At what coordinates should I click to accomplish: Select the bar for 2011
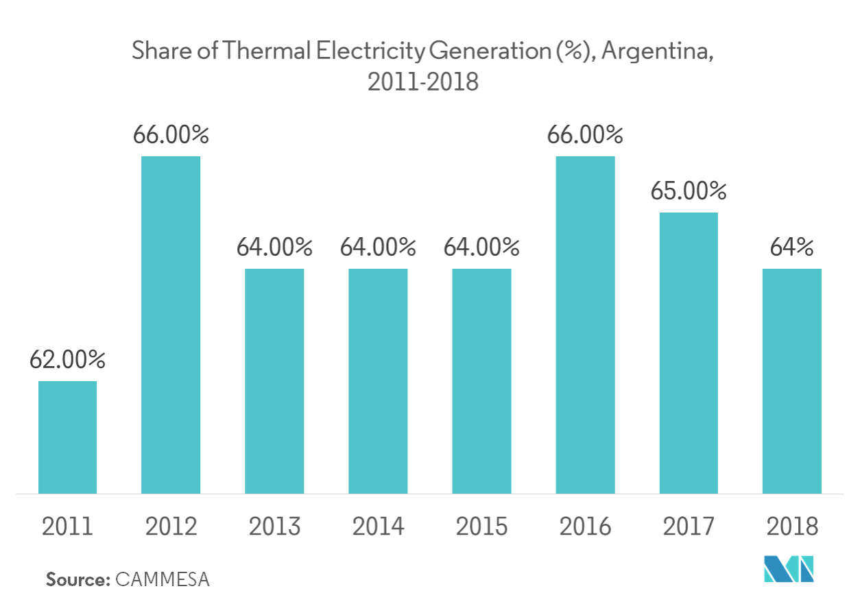(67, 437)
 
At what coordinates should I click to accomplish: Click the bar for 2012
(171, 325)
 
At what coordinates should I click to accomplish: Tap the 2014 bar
(378, 380)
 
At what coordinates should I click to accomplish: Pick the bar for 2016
(585, 325)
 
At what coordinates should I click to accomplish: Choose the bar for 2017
(688, 352)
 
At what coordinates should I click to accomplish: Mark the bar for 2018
(791, 380)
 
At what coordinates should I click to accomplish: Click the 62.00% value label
(67, 359)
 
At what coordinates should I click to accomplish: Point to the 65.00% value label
(688, 191)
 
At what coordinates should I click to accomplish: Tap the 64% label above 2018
(791, 247)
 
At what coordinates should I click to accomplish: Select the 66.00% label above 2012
(171, 135)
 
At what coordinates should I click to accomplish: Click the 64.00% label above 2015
(481, 247)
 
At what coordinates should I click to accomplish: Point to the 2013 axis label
(274, 527)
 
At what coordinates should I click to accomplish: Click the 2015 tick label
(481, 527)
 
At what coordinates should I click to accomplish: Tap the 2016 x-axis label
(585, 527)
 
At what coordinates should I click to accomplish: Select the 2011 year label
(67, 527)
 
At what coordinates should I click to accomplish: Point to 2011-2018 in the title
(422, 82)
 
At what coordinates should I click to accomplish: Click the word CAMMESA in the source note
(163, 579)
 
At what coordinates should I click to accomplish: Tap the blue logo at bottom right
(789, 568)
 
